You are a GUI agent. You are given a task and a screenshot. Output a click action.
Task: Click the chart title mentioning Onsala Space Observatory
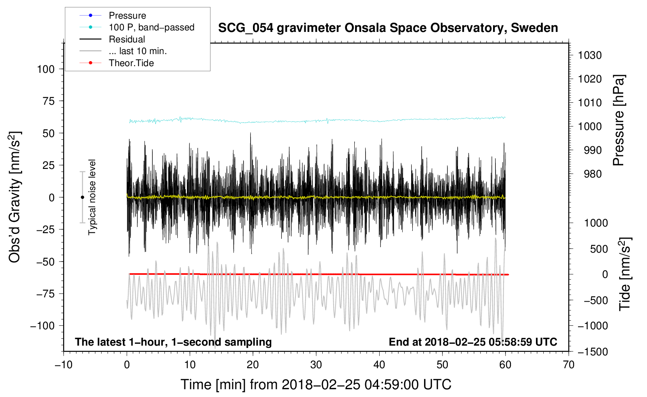pyautogui.click(x=388, y=28)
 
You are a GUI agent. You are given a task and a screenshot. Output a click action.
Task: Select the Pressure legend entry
pyautogui.click(x=127, y=16)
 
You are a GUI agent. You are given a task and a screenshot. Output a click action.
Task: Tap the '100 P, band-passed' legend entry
pyautogui.click(x=151, y=27)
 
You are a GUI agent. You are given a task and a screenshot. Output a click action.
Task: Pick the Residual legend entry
pyautogui.click(x=127, y=39)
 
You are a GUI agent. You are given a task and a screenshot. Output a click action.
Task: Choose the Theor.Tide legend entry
pyautogui.click(x=131, y=63)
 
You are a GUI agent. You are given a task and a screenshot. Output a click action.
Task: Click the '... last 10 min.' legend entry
pyautogui.click(x=138, y=51)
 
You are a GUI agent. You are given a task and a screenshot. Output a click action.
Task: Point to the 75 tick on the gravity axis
pyautogui.click(x=46, y=101)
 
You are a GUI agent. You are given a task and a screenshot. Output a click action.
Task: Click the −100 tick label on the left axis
pyautogui.click(x=42, y=326)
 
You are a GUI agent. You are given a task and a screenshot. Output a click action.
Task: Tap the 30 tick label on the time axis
pyautogui.click(x=316, y=365)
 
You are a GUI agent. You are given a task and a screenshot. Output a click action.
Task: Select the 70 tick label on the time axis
pyautogui.click(x=569, y=365)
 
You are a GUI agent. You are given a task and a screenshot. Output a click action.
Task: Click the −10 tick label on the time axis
pyautogui.click(x=64, y=365)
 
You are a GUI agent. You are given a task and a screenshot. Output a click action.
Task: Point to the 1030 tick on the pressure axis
pyautogui.click(x=590, y=55)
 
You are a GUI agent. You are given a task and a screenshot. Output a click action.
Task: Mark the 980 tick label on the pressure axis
pyautogui.click(x=592, y=174)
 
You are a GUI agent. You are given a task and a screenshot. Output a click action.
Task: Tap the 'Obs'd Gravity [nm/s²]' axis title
pyautogui.click(x=15, y=197)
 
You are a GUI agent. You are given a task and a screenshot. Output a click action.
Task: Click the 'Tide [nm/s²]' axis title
pyautogui.click(x=625, y=274)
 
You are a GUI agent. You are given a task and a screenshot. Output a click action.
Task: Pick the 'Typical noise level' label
pyautogui.click(x=92, y=197)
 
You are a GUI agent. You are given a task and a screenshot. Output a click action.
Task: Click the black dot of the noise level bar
pyautogui.click(x=82, y=197)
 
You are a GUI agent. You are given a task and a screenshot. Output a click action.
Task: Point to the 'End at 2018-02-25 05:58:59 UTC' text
pyautogui.click(x=473, y=342)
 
